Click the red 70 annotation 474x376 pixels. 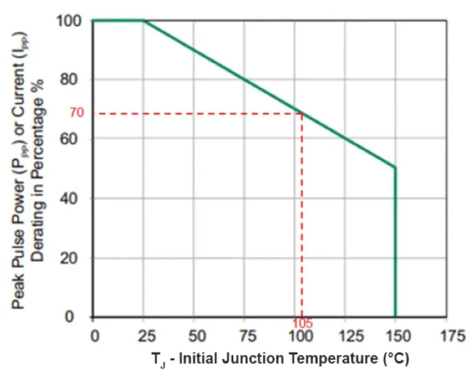point(77,114)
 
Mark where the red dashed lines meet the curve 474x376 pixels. point(302,114)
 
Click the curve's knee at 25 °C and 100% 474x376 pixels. point(144,20)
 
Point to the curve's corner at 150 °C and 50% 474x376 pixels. point(395,167)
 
